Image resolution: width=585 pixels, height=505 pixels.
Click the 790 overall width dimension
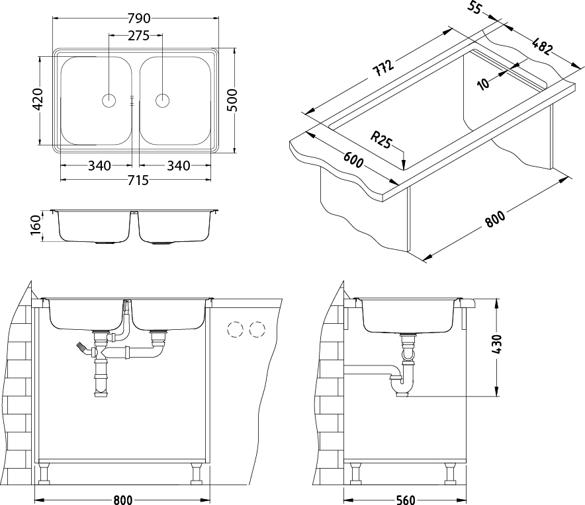click(139, 18)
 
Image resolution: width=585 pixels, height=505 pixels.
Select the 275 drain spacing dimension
click(138, 36)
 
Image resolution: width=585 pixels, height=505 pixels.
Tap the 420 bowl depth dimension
click(38, 100)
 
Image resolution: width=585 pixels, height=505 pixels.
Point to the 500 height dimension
click(232, 100)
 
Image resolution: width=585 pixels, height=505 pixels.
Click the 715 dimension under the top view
click(138, 180)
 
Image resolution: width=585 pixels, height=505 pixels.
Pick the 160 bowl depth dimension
click(36, 225)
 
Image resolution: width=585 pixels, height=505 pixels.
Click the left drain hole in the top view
click(109, 100)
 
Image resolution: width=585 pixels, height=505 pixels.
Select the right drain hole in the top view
click(162, 100)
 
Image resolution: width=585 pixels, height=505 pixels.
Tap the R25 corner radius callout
click(381, 139)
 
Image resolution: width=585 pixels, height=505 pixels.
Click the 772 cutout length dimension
click(384, 67)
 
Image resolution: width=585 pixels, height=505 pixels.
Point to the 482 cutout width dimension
click(541, 46)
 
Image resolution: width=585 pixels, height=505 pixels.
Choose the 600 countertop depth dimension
click(353, 160)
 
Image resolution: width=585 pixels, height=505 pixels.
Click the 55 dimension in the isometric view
click(474, 7)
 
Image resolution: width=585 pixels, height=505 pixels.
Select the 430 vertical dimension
click(498, 345)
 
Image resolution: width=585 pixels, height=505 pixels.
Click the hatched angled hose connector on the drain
click(83, 349)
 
